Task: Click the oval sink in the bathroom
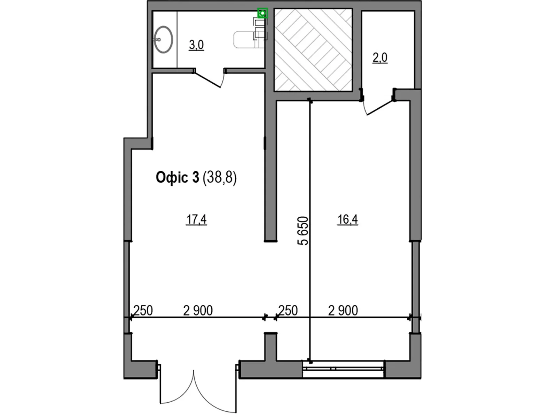[x=163, y=40]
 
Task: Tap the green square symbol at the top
[x=262, y=13]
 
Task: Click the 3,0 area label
[x=196, y=45]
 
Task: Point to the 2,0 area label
[x=380, y=58]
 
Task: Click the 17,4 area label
[x=196, y=219]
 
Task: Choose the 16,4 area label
[x=347, y=219]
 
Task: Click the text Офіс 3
[x=178, y=177]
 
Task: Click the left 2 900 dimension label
[x=198, y=311]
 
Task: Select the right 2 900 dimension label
[x=343, y=311]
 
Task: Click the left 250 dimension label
[x=143, y=311]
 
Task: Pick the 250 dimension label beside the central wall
[x=288, y=311]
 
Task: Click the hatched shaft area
[x=313, y=50]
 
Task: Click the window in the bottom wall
[x=344, y=369]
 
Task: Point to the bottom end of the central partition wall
[x=270, y=241]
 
